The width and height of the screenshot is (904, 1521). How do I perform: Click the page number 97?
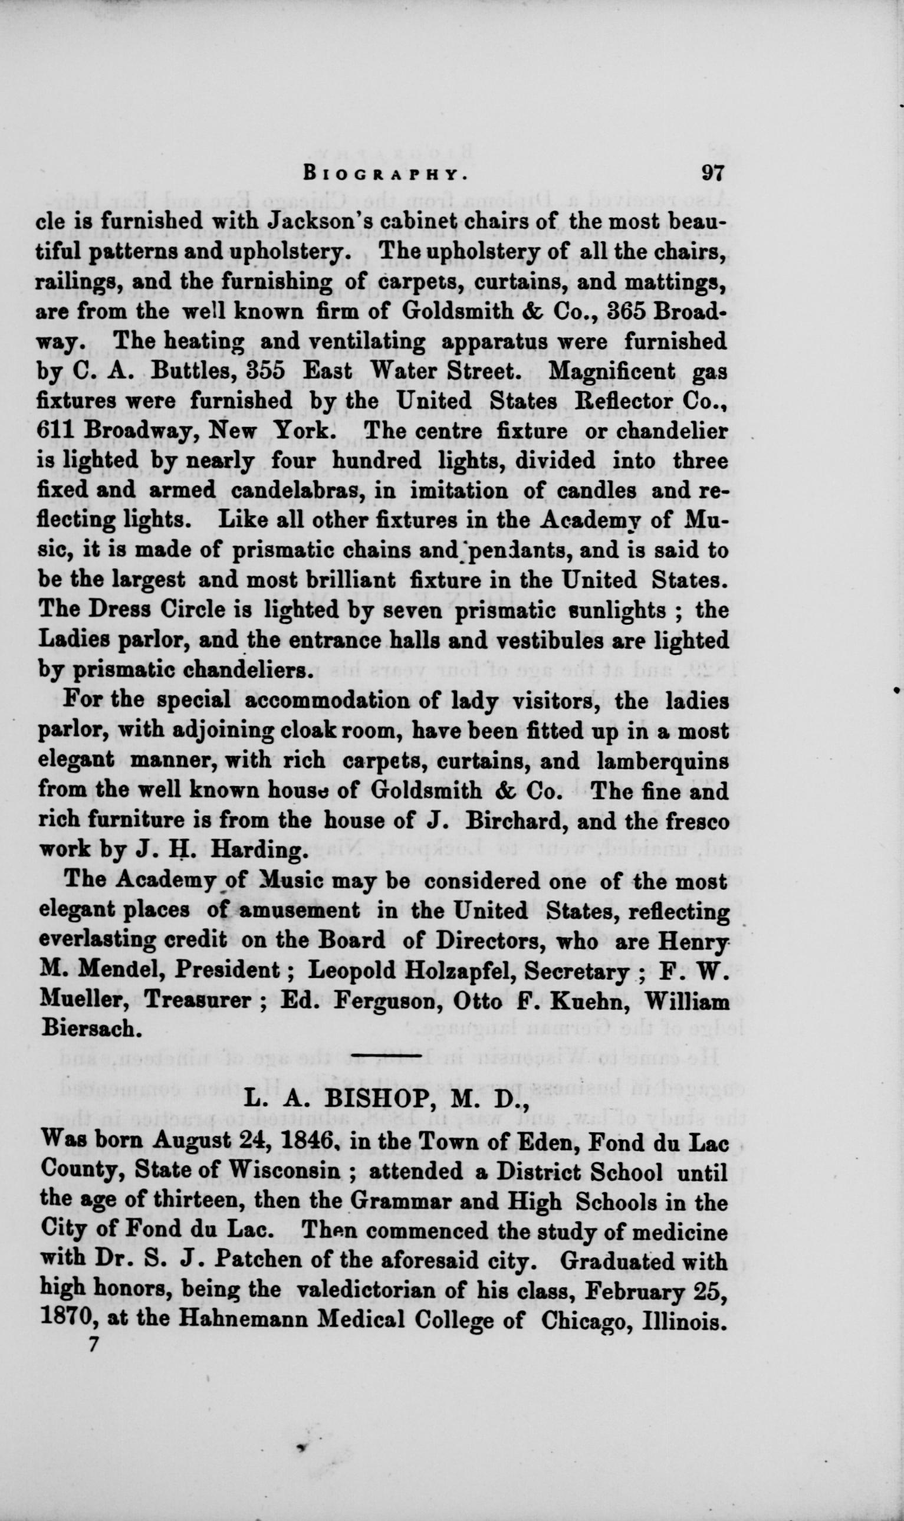coord(711,173)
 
